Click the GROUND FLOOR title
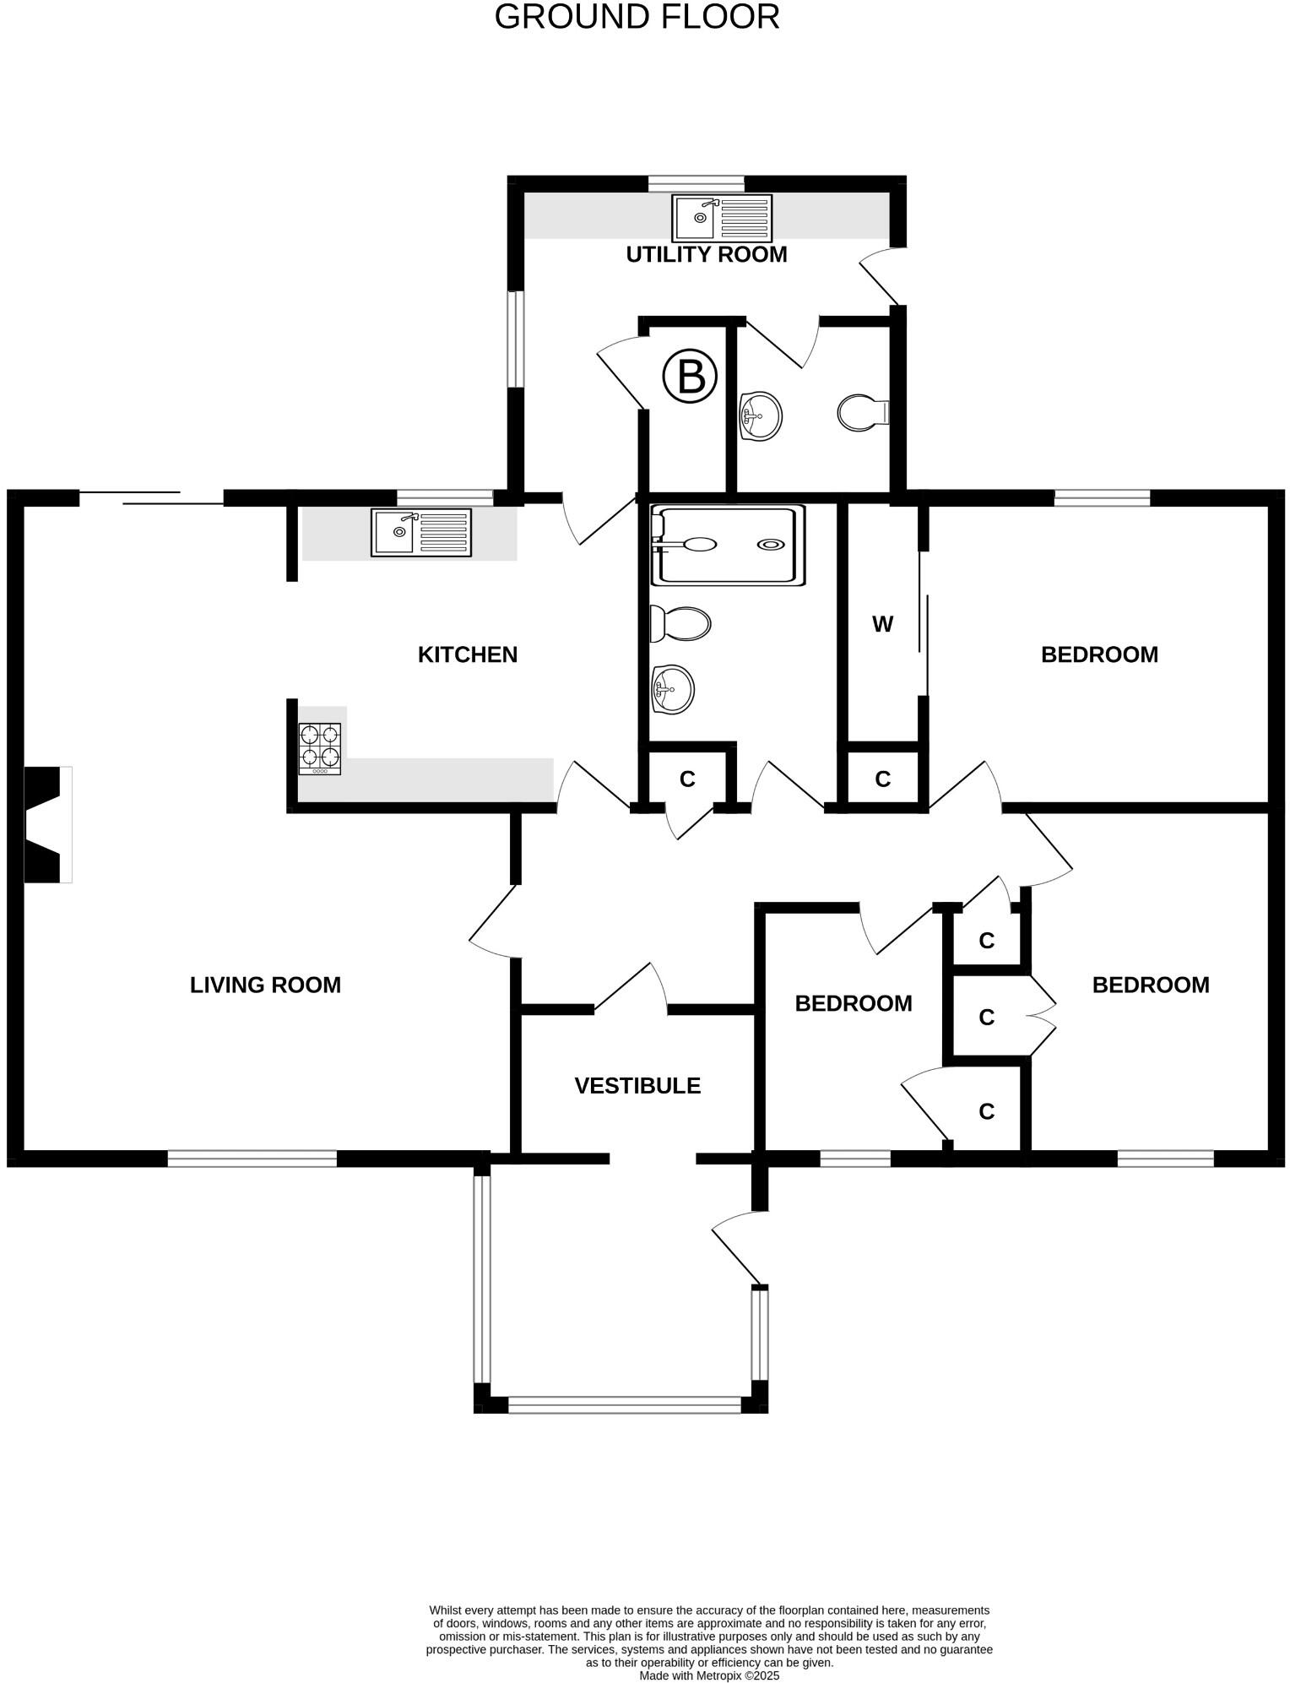(637, 18)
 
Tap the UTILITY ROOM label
(706, 254)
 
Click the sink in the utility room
(722, 218)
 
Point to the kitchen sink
(420, 533)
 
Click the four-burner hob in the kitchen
(320, 748)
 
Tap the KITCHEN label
(467, 654)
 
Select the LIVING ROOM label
(265, 985)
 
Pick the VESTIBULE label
(637, 1086)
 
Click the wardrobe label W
(882, 625)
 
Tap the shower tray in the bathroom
(727, 546)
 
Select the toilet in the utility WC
(862, 412)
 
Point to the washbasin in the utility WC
(760, 415)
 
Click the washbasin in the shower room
(672, 689)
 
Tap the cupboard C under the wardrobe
(882, 779)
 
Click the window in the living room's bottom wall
(252, 1159)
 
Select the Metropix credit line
(709, 1675)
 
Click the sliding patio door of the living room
(152, 498)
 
